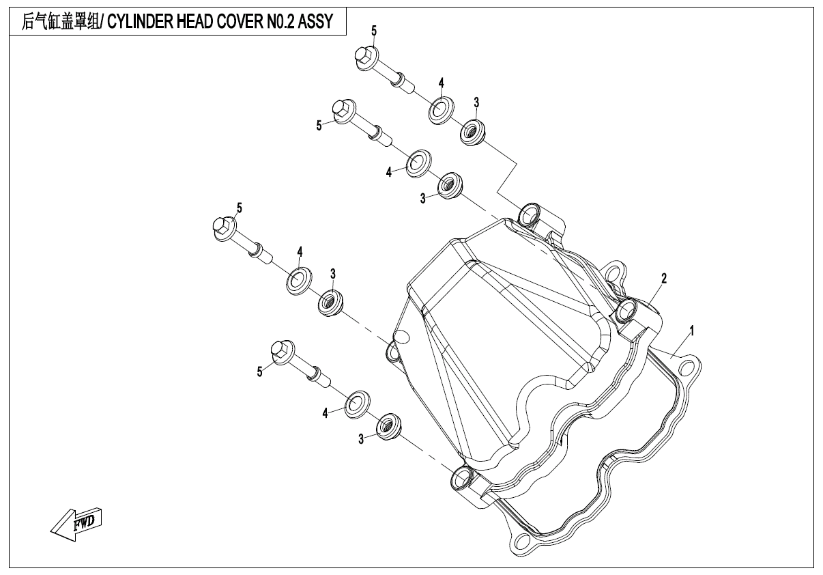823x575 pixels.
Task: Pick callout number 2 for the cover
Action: tap(663, 278)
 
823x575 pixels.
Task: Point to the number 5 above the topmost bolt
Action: tap(373, 31)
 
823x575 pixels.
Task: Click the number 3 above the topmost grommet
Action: tap(476, 102)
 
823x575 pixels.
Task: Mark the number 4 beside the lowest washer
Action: tap(326, 412)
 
